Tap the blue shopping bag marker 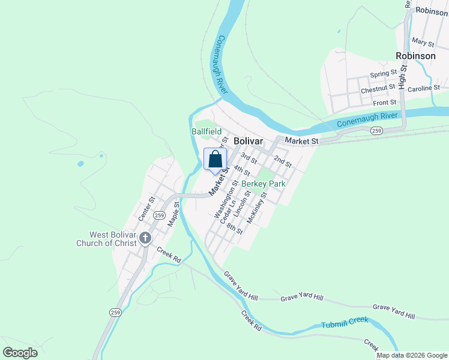[215, 160]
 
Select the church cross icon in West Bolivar [145, 239]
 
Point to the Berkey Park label [263, 184]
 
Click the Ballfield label [206, 131]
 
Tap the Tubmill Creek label [344, 322]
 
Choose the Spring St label [383, 74]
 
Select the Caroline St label [424, 88]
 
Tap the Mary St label [423, 42]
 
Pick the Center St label [146, 208]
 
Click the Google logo [20, 353]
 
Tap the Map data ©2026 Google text [412, 355]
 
